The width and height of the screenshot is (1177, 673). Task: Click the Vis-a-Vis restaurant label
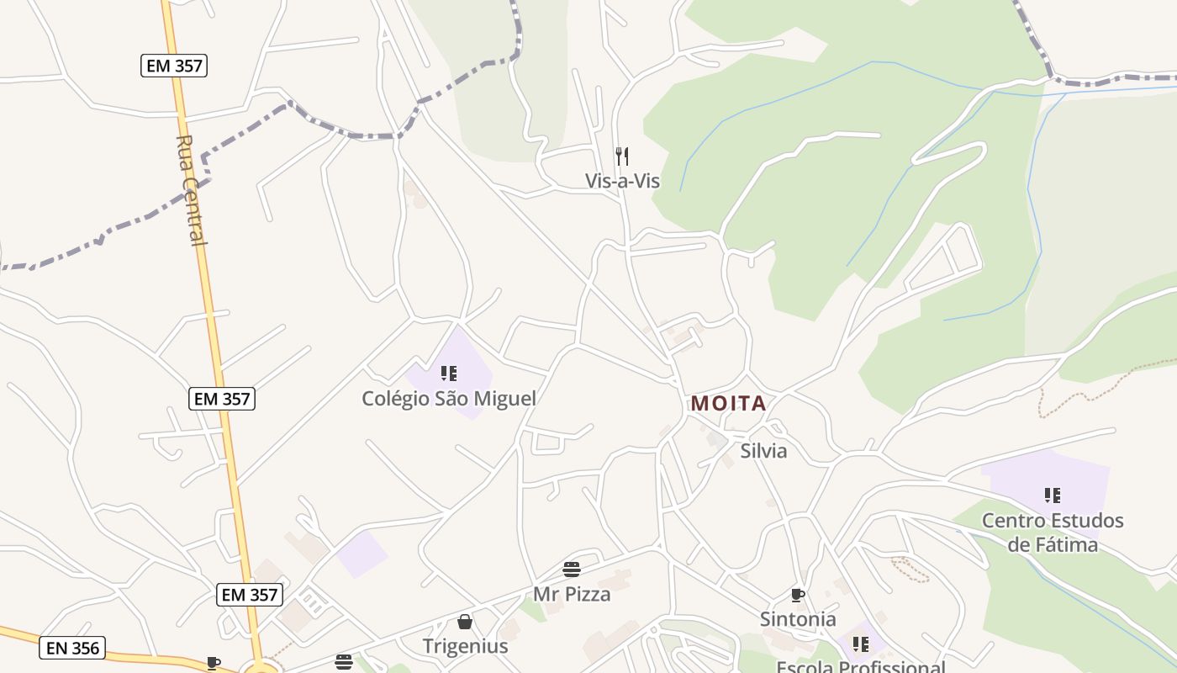click(x=622, y=181)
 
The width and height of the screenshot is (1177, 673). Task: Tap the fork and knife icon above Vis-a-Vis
click(x=622, y=156)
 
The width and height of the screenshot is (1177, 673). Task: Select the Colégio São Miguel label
click(x=448, y=398)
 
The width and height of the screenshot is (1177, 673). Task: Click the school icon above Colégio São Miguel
click(x=449, y=373)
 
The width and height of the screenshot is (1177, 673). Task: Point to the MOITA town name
click(x=729, y=404)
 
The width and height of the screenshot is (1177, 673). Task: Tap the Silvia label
click(x=763, y=451)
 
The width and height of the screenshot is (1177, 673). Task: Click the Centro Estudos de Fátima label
click(x=1053, y=533)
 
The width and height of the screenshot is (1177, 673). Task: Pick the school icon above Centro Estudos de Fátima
click(x=1053, y=495)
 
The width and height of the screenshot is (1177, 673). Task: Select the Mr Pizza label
click(x=572, y=594)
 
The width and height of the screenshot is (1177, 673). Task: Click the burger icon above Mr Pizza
click(x=572, y=570)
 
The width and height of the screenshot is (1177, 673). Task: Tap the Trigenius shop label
click(x=465, y=646)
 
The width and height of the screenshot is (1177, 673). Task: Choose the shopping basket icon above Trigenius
click(x=465, y=622)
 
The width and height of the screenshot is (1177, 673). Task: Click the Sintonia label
click(x=798, y=619)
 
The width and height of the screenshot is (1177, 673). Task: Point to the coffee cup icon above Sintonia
click(x=798, y=596)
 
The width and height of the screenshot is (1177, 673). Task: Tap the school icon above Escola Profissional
click(x=861, y=644)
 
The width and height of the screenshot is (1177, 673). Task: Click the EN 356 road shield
click(x=72, y=648)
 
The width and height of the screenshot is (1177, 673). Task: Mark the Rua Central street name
click(x=192, y=190)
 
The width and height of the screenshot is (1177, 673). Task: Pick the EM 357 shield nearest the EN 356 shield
click(x=250, y=595)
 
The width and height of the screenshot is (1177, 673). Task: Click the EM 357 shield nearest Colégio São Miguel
click(x=222, y=399)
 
